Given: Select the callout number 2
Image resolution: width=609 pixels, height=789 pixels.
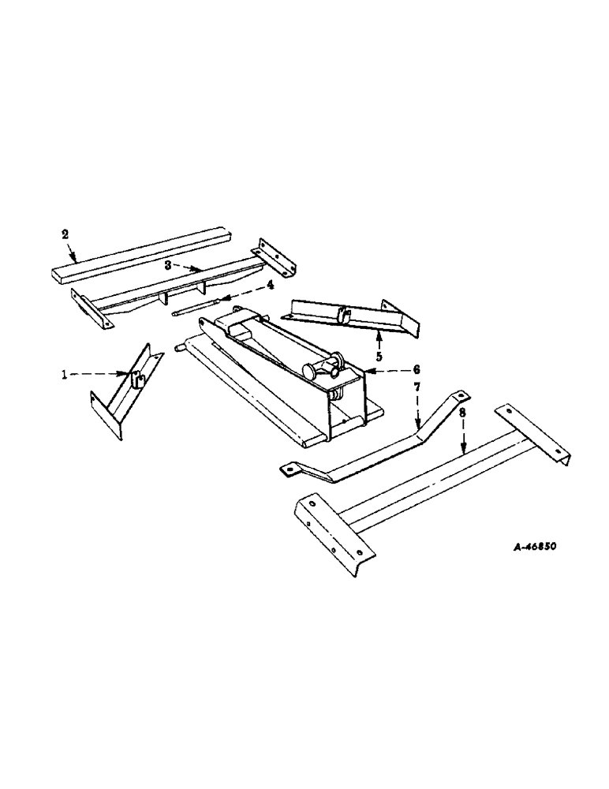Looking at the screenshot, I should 65,234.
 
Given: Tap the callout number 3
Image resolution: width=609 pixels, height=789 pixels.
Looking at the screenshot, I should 167,266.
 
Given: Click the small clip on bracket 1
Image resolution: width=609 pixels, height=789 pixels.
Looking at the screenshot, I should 136,380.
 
